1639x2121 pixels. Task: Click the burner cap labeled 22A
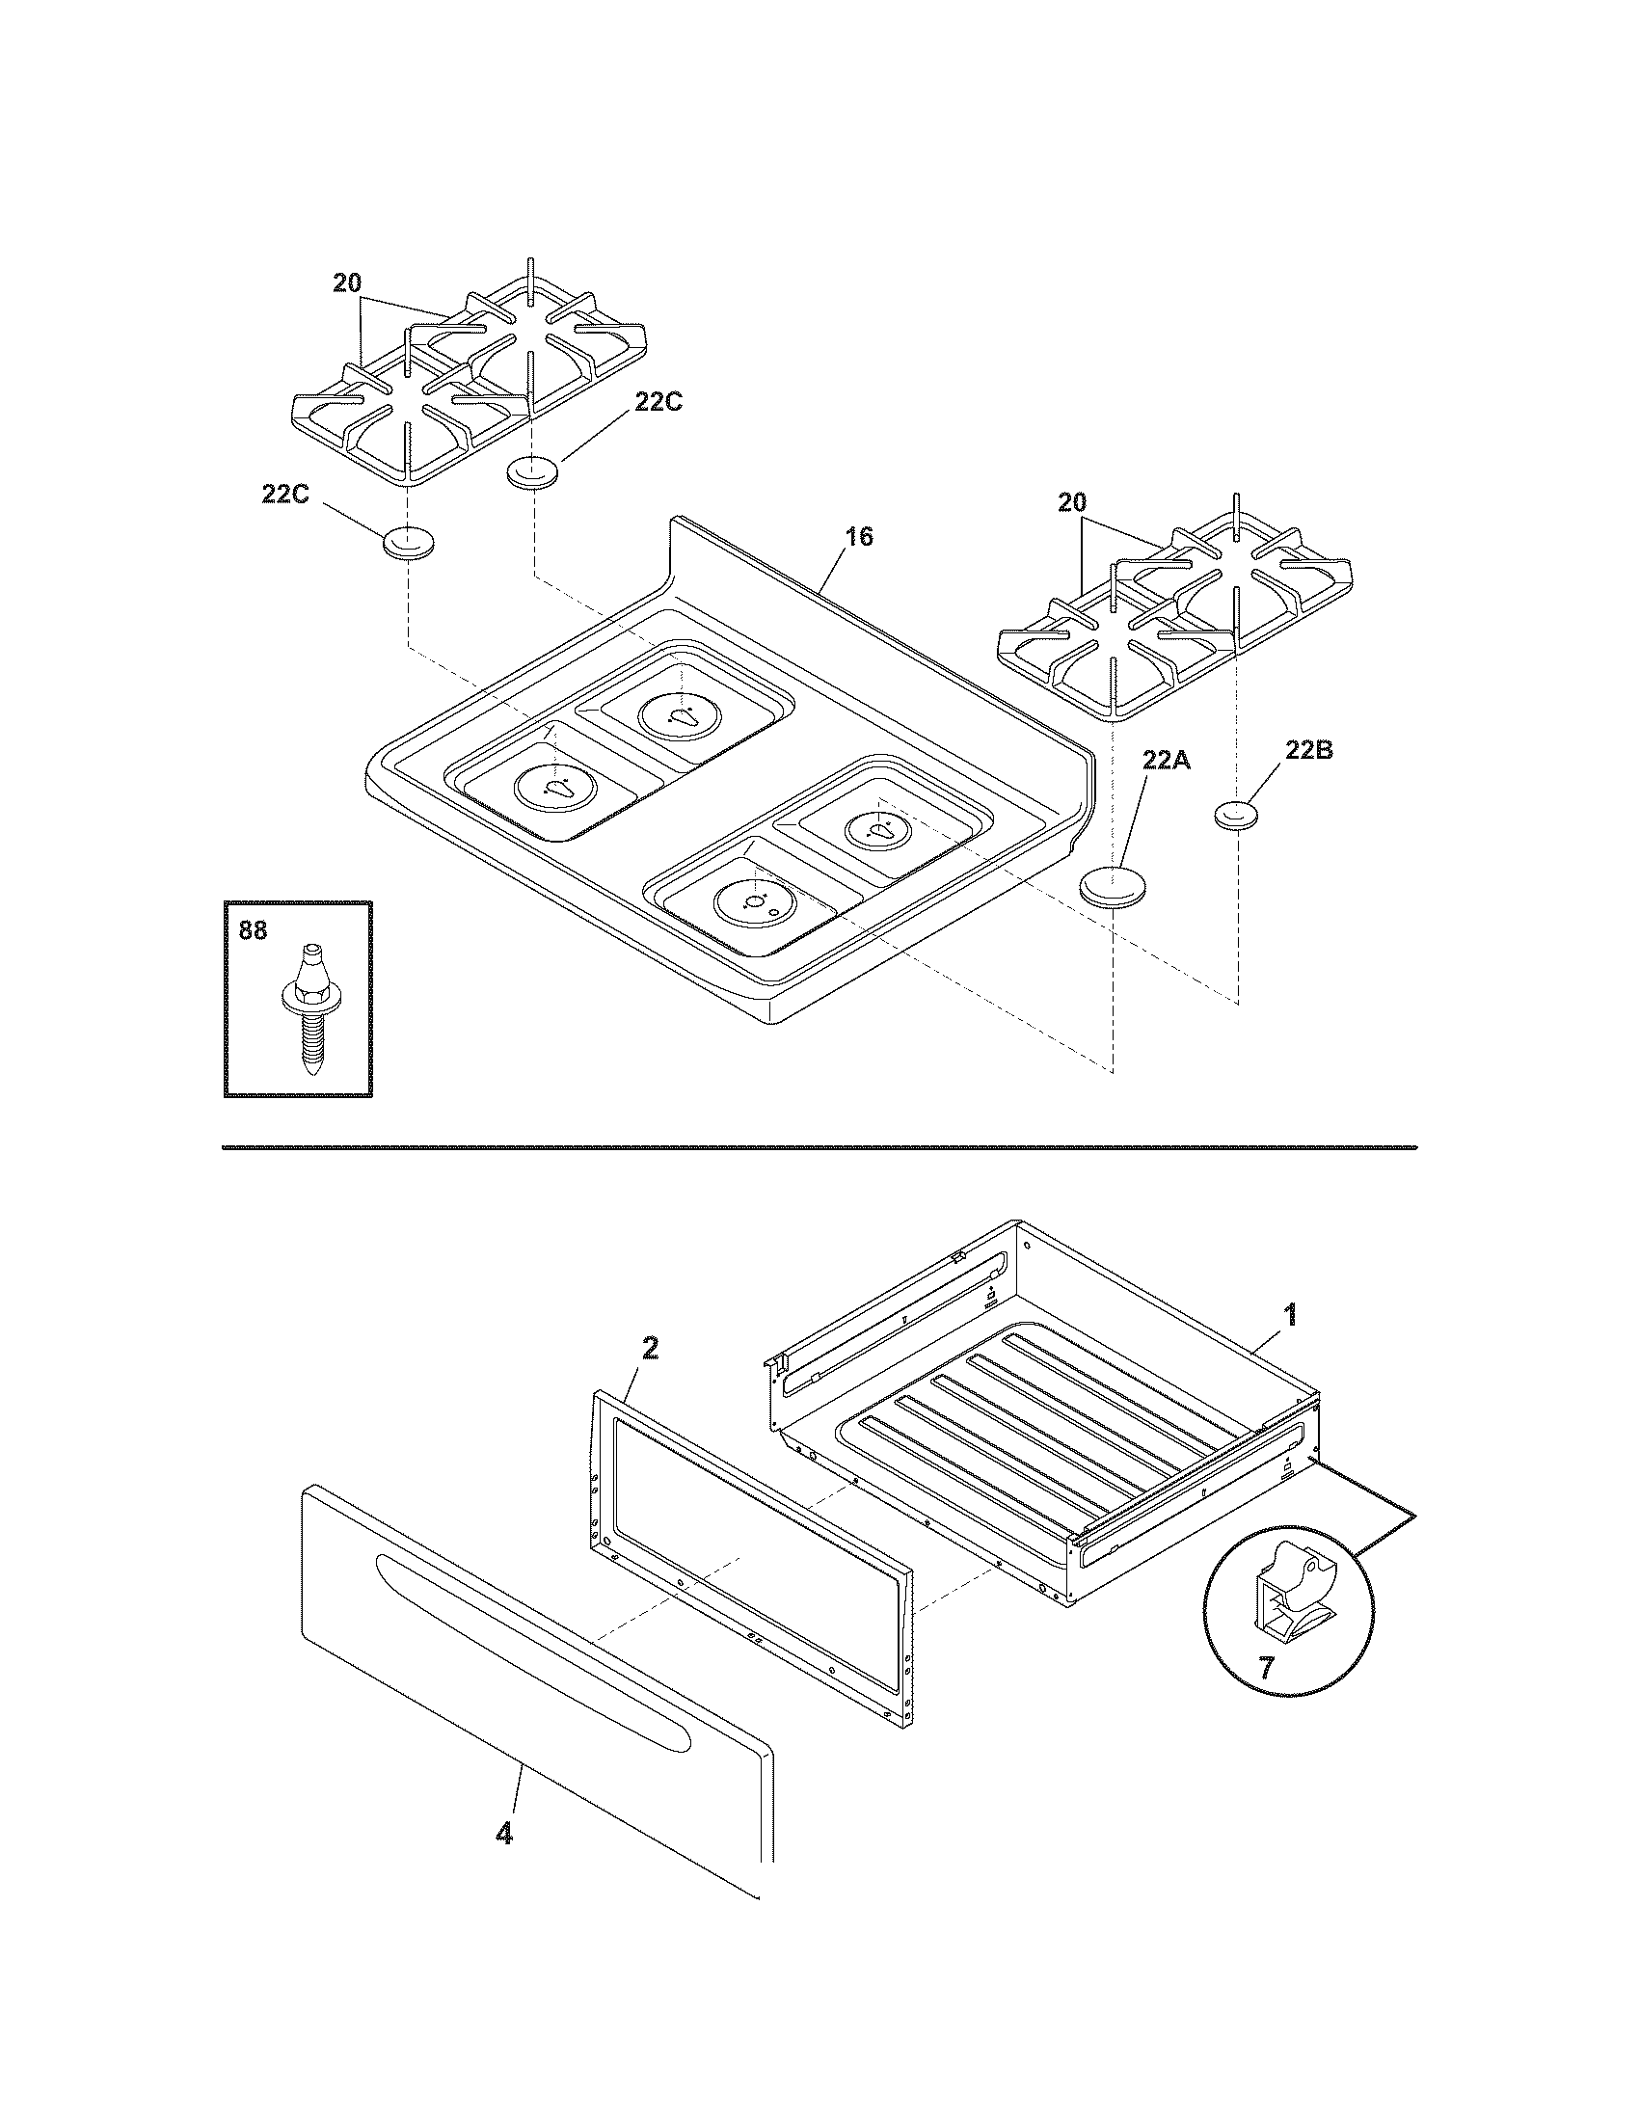point(1114,888)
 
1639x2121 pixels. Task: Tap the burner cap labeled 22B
point(1236,814)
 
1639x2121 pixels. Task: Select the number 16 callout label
point(859,536)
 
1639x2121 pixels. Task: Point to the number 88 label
point(253,929)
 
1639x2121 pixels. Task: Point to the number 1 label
point(1290,1316)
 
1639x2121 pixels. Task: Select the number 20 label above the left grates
point(348,283)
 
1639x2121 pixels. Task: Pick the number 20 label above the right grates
point(1072,503)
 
